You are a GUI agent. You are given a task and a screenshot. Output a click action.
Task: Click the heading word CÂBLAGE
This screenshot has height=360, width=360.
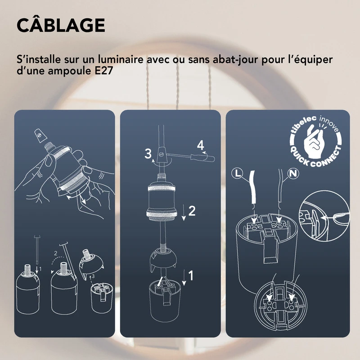coord(60,25)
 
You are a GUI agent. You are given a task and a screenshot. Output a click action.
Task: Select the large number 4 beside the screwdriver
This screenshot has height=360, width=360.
coord(200,145)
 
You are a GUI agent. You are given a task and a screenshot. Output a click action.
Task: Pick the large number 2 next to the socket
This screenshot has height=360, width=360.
coord(192,211)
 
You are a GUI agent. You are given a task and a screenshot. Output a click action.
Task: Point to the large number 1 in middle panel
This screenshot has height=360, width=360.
coord(191,275)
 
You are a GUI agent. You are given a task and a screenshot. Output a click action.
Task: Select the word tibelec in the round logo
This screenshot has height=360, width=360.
coord(301,128)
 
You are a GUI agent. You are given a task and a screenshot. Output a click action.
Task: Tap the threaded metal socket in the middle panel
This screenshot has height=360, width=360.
coord(164,203)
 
